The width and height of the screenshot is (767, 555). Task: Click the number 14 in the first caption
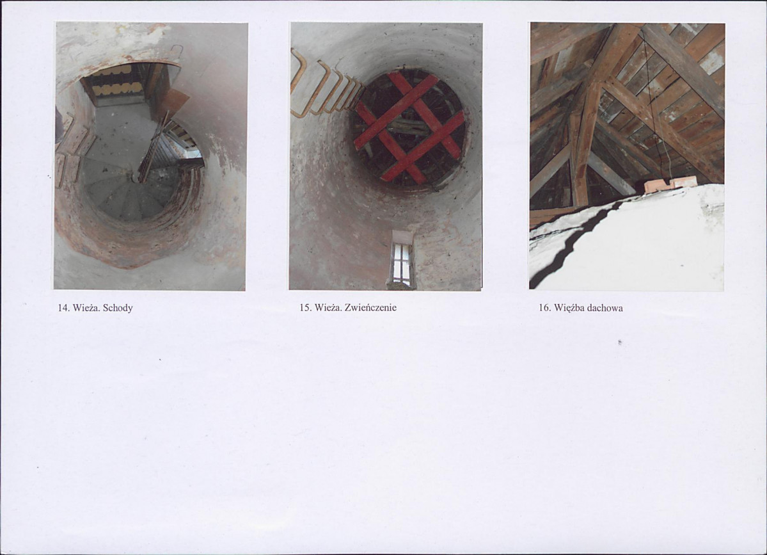coord(63,308)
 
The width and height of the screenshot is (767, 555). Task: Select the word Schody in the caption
coord(118,309)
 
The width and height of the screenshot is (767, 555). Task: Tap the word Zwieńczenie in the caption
coord(370,308)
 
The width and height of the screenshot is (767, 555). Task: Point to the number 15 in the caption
coord(305,308)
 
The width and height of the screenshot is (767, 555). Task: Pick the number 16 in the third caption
coord(544,308)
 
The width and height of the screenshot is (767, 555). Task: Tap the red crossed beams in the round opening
coord(409,128)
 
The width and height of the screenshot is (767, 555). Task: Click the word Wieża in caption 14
coord(86,308)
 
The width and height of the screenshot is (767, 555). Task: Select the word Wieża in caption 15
coord(328,308)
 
